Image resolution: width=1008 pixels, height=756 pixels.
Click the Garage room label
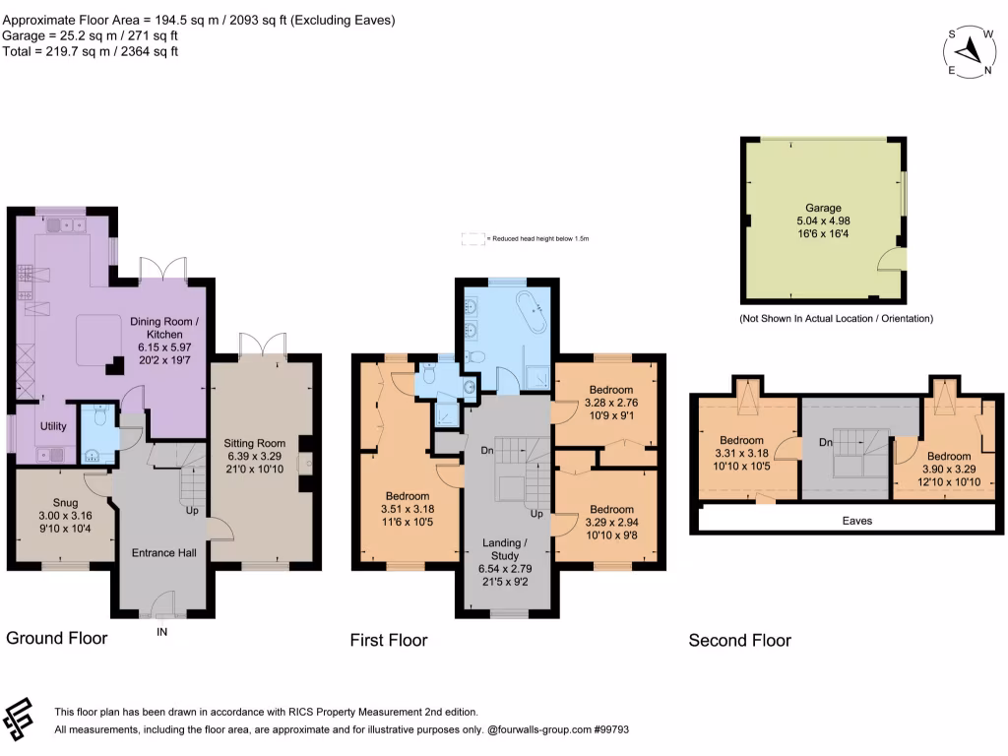pyautogui.click(x=824, y=208)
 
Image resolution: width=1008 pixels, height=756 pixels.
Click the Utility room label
pyautogui.click(x=52, y=425)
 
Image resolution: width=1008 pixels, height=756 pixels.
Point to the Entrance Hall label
pyautogui.click(x=164, y=552)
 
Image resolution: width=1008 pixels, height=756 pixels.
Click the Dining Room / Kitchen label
pyautogui.click(x=164, y=328)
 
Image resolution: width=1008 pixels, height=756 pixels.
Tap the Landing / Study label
pyautogui.click(x=510, y=549)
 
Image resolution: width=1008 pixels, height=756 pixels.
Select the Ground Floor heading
pyautogui.click(x=57, y=638)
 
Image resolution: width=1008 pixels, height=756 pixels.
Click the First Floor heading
pyautogui.click(x=389, y=640)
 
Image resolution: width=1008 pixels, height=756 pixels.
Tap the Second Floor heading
pyautogui.click(x=739, y=640)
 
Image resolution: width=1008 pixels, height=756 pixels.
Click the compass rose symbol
pyautogui.click(x=970, y=49)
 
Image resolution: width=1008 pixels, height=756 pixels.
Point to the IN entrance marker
pyautogui.click(x=162, y=632)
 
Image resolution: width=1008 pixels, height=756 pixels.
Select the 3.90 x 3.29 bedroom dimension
pyautogui.click(x=949, y=469)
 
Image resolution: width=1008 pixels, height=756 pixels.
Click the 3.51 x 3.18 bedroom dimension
pyautogui.click(x=407, y=509)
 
